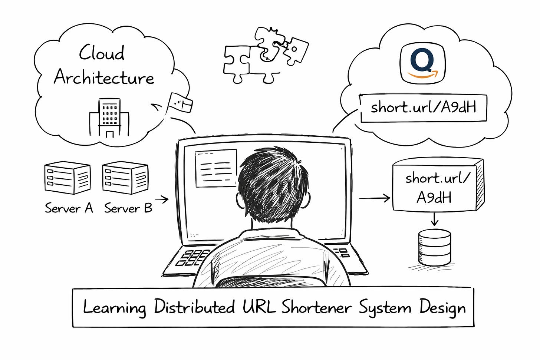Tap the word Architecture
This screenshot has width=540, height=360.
104,77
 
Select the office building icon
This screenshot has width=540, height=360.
109,118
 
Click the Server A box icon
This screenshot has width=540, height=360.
67,178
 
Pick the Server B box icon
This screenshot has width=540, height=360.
125,178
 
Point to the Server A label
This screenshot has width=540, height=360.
69,208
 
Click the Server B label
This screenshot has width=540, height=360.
128,208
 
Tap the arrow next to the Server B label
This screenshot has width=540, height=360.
162,199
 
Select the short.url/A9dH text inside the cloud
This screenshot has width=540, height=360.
423,108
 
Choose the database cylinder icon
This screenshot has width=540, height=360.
434,247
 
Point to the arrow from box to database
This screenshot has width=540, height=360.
434,219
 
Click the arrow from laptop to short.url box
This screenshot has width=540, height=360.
375,198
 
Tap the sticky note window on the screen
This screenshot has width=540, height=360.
216,168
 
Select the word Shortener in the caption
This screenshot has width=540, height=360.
316,307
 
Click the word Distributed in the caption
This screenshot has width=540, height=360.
194,307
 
